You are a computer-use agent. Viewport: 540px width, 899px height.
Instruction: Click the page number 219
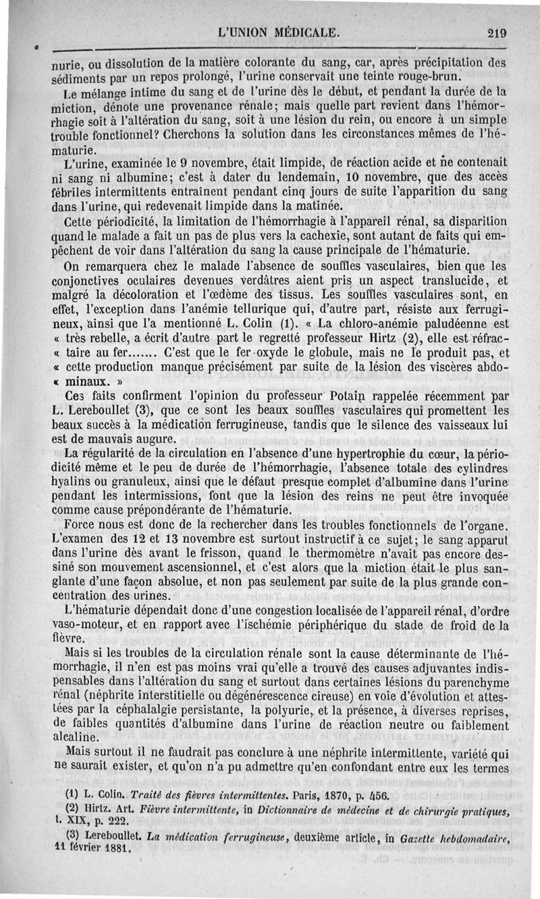coord(495,32)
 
